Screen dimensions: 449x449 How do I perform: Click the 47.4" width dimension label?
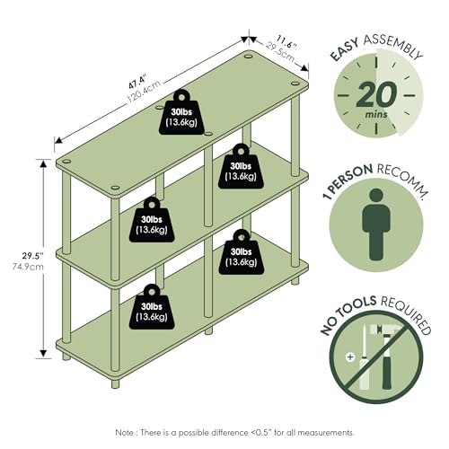click(x=137, y=83)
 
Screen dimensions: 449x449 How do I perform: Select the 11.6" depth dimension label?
click(x=286, y=41)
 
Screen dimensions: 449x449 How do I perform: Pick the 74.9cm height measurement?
click(x=28, y=267)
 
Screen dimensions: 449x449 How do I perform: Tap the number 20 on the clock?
click(x=376, y=94)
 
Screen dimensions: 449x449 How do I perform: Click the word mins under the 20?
click(x=376, y=114)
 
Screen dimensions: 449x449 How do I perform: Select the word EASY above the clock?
click(x=344, y=49)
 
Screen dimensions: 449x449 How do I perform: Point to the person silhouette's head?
click(x=376, y=196)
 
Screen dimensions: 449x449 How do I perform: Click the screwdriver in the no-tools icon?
click(x=363, y=357)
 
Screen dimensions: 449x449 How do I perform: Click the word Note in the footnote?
click(x=125, y=433)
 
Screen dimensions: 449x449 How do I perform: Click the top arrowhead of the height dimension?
click(x=44, y=163)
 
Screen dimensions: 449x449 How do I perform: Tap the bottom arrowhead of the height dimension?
click(x=44, y=354)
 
